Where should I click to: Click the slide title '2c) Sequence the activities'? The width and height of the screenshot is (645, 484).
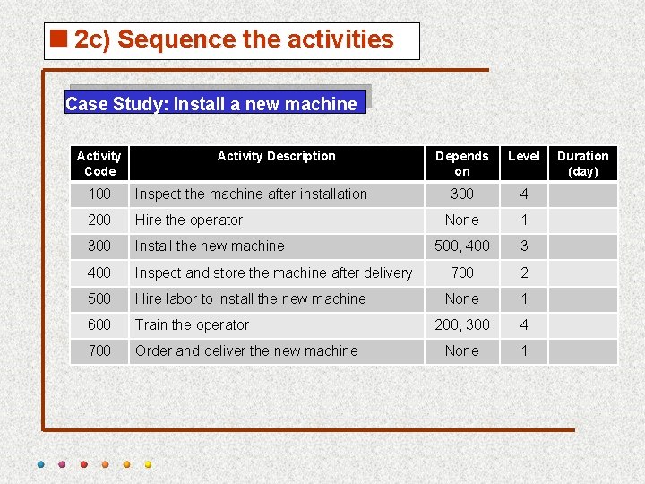point(234,39)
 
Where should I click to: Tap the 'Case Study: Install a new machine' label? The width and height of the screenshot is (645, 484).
point(211,104)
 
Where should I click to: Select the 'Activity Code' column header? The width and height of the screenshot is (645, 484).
point(99,163)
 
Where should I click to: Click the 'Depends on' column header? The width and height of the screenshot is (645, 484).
point(461,163)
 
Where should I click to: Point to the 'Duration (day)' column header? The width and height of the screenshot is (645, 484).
point(582,163)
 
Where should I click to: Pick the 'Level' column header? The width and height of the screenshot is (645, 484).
point(524,156)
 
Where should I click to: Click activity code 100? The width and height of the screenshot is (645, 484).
point(99,194)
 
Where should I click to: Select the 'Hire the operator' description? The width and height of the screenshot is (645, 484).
point(189,220)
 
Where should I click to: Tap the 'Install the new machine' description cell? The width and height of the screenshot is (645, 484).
point(210,246)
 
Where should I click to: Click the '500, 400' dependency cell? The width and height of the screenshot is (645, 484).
point(461,246)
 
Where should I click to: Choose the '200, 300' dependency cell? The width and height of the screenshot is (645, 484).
point(461,324)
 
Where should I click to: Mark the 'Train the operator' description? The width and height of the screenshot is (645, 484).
point(192,324)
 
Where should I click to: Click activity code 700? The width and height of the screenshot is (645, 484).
point(99,350)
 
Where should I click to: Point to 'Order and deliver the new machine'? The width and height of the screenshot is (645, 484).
point(246,350)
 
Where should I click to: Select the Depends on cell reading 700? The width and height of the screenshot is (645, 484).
point(461,272)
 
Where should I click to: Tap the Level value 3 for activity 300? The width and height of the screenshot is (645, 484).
point(524,246)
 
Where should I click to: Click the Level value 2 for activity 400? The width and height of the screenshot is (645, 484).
point(524,272)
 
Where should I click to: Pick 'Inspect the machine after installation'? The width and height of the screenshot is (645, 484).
point(251,194)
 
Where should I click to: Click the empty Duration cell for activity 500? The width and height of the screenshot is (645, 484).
point(582,298)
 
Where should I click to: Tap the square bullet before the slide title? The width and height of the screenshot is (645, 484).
point(60,39)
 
